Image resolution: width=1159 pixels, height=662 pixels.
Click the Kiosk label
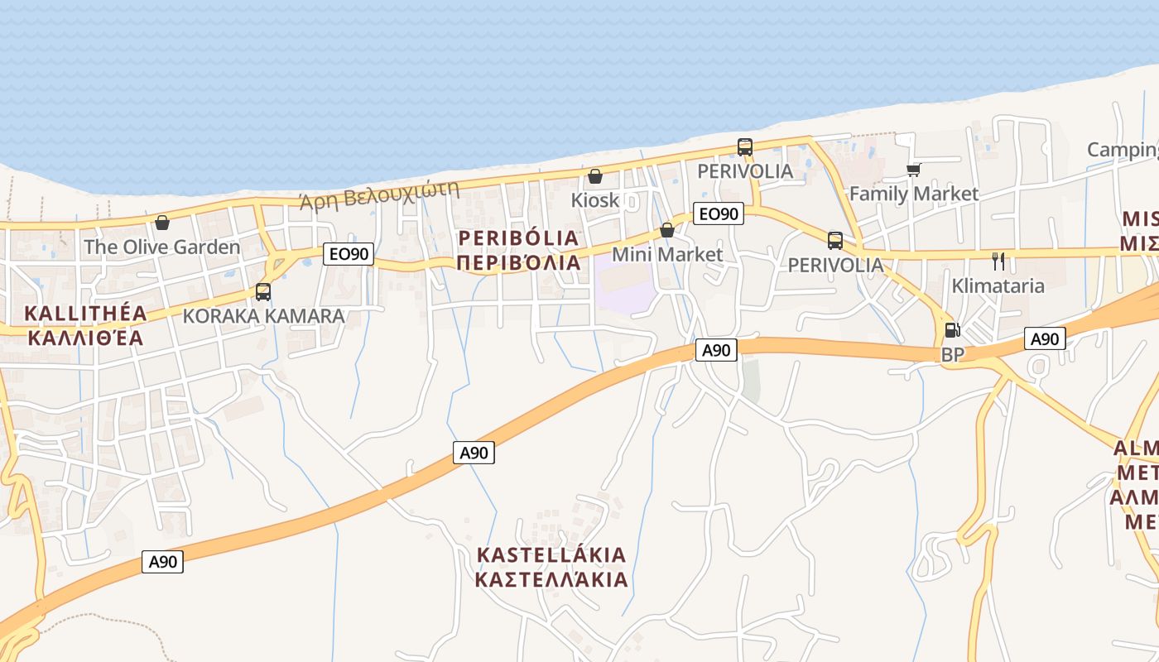click(x=594, y=200)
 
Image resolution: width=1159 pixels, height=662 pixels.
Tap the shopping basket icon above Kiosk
click(x=594, y=176)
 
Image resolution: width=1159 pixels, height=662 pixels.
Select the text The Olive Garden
click(x=161, y=247)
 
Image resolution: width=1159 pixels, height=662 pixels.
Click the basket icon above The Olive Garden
click(x=162, y=223)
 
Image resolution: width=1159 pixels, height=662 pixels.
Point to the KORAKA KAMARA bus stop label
click(x=263, y=316)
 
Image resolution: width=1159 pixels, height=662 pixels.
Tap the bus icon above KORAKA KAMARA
click(x=263, y=291)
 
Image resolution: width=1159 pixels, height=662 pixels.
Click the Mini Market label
click(x=667, y=254)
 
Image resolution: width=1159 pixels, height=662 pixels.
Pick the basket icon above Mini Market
click(x=667, y=230)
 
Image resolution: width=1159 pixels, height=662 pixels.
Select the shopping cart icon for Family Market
click(x=913, y=170)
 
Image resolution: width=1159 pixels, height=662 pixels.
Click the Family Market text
click(x=914, y=194)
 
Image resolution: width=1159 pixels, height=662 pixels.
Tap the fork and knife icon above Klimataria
click(x=998, y=261)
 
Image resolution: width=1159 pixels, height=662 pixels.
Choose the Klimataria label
click(x=998, y=286)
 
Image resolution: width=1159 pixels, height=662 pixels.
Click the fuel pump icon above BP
click(x=953, y=330)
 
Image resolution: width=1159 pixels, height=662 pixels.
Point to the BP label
click(x=953, y=354)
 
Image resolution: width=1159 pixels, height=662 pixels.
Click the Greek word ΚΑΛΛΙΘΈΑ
click(x=85, y=338)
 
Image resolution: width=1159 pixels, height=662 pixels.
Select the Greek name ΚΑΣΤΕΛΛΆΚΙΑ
click(x=551, y=579)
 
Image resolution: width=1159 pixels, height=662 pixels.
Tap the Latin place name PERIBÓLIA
click(x=519, y=238)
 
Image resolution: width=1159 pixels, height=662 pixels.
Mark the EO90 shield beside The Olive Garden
click(x=348, y=254)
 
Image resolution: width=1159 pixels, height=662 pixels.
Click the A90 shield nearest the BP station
click(x=1045, y=338)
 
